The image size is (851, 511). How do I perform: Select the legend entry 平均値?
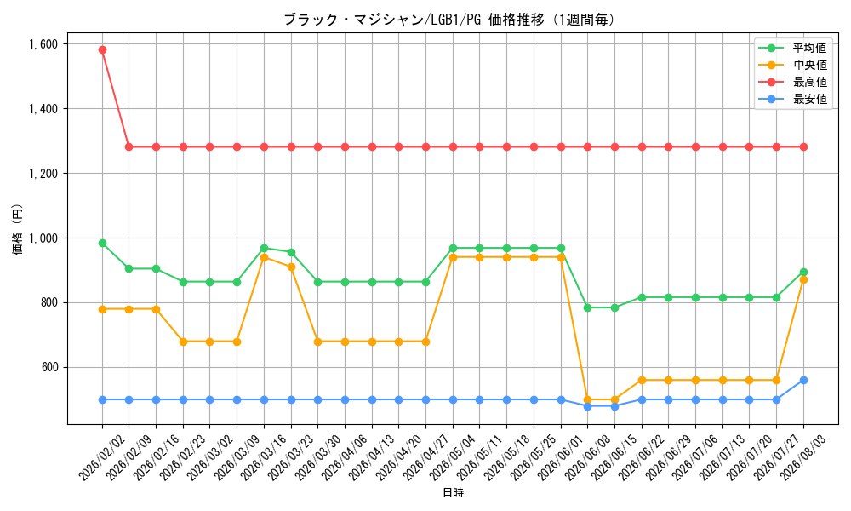coord(810,48)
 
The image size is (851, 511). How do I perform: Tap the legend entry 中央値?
coord(810,66)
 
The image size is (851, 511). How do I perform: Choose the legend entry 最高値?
coord(810,82)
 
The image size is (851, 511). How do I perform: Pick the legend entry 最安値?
coord(810,100)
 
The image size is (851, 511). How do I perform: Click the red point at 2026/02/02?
coord(102,50)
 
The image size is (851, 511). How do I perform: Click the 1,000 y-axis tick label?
coord(43,238)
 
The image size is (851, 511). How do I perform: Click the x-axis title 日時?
coord(454,493)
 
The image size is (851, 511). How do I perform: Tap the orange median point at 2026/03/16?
coord(264,257)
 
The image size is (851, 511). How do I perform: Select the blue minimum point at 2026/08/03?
coord(803,380)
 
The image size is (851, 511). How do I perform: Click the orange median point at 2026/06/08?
coord(587,399)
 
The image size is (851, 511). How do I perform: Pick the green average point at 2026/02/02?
coord(102,243)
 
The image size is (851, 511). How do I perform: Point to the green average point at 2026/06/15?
coord(614,307)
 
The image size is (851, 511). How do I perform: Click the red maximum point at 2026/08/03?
coord(803,146)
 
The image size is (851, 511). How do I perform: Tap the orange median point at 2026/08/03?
coord(803,279)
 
